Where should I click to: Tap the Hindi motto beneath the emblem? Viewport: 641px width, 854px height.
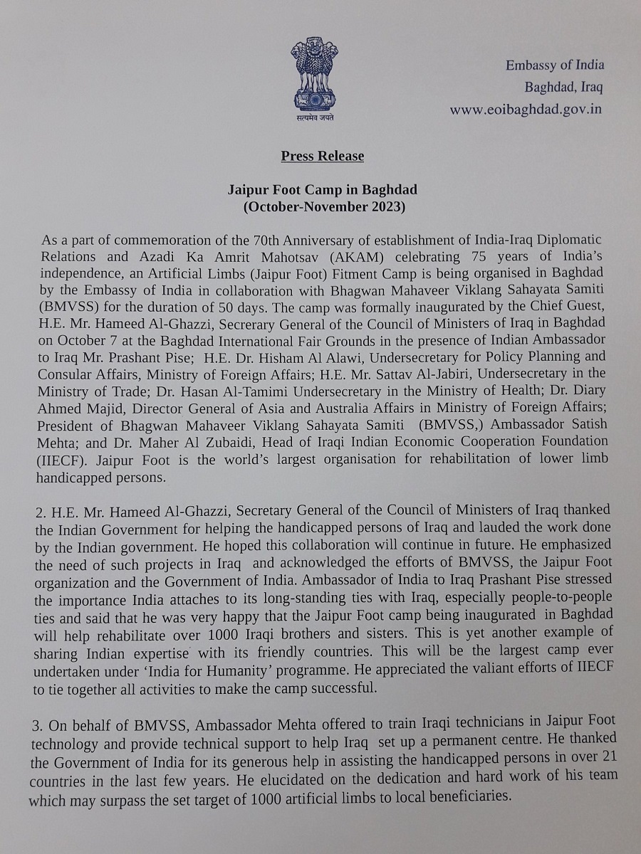314,118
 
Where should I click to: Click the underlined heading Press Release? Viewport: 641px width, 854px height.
322,157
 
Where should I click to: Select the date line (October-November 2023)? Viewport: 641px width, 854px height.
323,208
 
